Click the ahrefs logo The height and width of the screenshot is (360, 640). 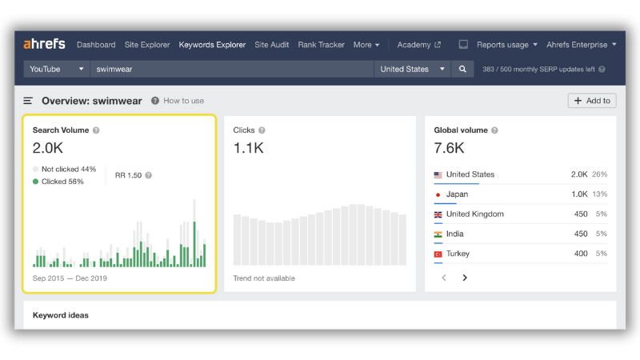pos(44,44)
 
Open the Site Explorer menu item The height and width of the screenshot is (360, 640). pos(147,45)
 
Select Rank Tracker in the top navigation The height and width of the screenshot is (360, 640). pos(321,45)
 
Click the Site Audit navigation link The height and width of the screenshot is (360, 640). pos(271,45)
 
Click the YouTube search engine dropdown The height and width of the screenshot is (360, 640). pos(56,69)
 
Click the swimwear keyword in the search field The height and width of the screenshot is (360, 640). pos(114,69)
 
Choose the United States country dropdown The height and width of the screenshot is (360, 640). pos(412,69)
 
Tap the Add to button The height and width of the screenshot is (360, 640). pos(592,101)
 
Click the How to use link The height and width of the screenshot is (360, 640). pos(183,101)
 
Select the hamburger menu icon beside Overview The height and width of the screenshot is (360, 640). pos(28,101)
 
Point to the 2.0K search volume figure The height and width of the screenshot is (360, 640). pos(48,148)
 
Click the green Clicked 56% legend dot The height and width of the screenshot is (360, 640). pos(35,182)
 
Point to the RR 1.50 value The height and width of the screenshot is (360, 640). pos(128,175)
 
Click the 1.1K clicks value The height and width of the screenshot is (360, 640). pos(248,148)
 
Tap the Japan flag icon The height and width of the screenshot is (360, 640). pos(438,194)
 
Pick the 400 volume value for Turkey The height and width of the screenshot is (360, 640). pos(581,254)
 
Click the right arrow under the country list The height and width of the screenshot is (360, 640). pos(465,278)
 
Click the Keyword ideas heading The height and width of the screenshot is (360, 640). pos(61,315)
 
